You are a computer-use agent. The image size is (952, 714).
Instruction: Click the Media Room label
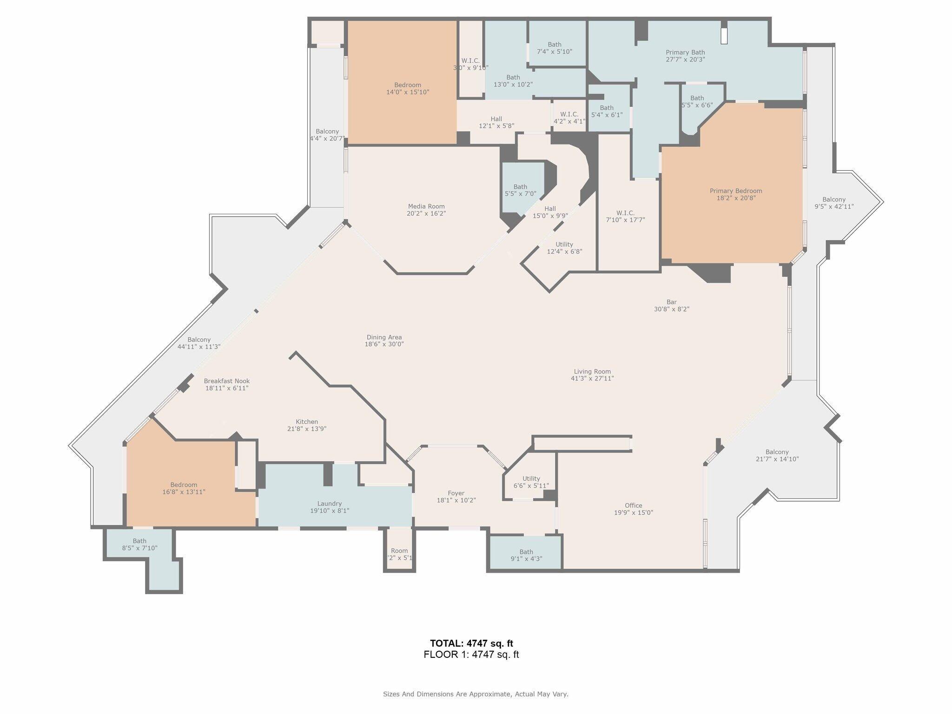[x=426, y=210]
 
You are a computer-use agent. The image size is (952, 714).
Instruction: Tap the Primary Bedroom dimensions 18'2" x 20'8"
[x=736, y=198]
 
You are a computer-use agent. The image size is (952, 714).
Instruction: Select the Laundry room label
[x=330, y=507]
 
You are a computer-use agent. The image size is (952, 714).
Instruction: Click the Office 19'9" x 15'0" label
[x=633, y=509]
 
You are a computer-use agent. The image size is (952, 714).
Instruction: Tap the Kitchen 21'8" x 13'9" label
[x=307, y=425]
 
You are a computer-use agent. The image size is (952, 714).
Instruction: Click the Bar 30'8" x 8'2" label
[x=671, y=305]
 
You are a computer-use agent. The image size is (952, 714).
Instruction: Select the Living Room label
[x=592, y=375]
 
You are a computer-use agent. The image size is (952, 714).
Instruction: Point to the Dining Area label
[x=384, y=341]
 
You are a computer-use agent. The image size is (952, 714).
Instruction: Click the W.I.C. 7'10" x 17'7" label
[x=625, y=216]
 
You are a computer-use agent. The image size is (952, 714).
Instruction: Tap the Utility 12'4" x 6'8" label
[x=564, y=248]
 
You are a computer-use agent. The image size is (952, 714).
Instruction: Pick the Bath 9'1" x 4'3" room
[x=526, y=555]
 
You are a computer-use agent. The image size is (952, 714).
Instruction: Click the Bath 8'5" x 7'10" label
[x=139, y=544]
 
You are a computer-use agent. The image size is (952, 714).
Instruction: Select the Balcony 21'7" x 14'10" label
[x=777, y=455]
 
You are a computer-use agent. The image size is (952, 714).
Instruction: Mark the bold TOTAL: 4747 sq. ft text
[x=471, y=643]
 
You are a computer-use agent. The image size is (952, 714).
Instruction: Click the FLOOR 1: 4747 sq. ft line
[x=471, y=654]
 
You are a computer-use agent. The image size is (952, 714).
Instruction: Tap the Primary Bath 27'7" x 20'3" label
[x=685, y=56]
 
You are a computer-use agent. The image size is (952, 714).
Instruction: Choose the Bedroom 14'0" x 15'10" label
[x=408, y=88]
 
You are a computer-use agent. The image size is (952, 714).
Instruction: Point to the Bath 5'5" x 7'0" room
[x=520, y=190]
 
